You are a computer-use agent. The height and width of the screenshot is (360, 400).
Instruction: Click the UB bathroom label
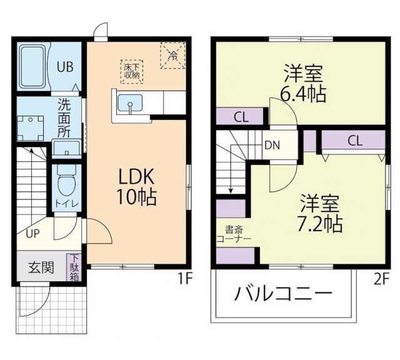[64, 67]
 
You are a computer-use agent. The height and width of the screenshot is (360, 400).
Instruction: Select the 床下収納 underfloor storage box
[132, 71]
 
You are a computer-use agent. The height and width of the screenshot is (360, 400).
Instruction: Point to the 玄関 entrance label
[40, 267]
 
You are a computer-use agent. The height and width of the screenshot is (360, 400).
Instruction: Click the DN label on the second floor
[272, 145]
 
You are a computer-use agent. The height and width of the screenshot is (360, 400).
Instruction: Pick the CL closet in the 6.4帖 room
[240, 116]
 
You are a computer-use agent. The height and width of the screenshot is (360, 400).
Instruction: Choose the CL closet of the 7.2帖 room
[354, 141]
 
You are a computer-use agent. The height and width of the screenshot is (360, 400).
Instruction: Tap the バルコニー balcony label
[283, 294]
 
